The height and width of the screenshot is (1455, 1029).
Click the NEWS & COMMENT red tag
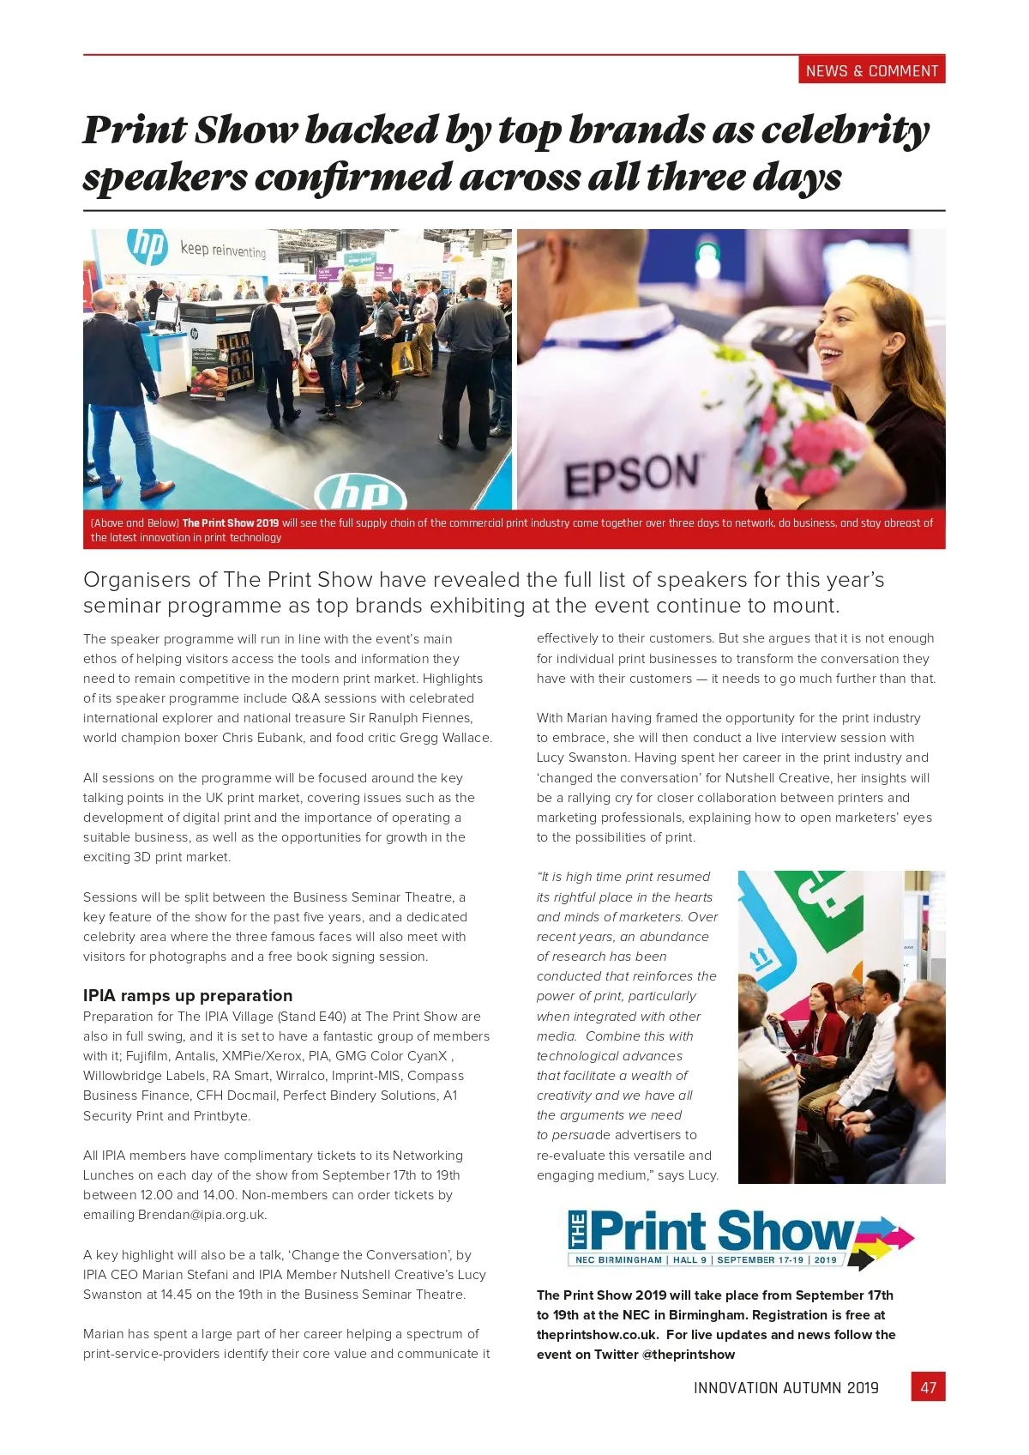(872, 71)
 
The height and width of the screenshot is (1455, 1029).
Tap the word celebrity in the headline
(845, 130)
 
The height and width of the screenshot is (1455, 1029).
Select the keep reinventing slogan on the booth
(223, 250)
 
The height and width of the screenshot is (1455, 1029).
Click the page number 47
(928, 1387)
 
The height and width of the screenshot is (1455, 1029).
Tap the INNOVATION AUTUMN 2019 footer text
(785, 1388)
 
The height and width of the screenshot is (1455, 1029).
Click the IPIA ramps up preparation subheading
(188, 995)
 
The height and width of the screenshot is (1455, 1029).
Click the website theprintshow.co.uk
(597, 1335)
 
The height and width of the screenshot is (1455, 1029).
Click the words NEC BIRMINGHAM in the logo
(618, 1260)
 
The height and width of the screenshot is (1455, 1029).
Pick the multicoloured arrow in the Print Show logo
(883, 1240)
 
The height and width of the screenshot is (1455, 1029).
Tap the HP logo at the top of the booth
(147, 245)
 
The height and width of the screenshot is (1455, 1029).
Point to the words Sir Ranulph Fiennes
(411, 718)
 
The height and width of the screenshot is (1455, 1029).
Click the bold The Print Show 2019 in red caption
(230, 523)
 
